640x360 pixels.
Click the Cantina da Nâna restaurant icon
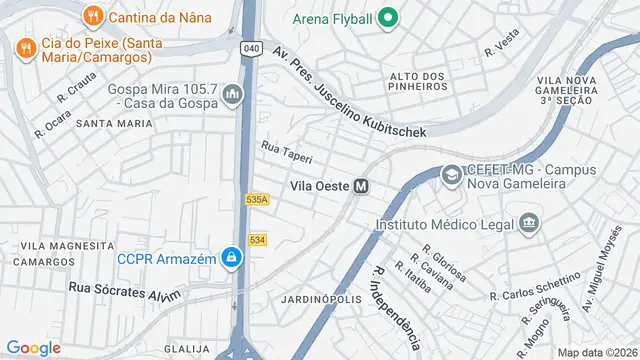pyautogui.click(x=92, y=16)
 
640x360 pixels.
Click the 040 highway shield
pyautogui.click(x=251, y=48)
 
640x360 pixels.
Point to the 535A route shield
pyautogui.click(x=257, y=200)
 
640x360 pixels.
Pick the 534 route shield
pyautogui.click(x=257, y=240)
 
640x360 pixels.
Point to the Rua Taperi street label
pyautogui.click(x=287, y=152)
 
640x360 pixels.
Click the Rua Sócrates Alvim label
pyautogui.click(x=124, y=290)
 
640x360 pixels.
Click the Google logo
pyautogui.click(x=33, y=347)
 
